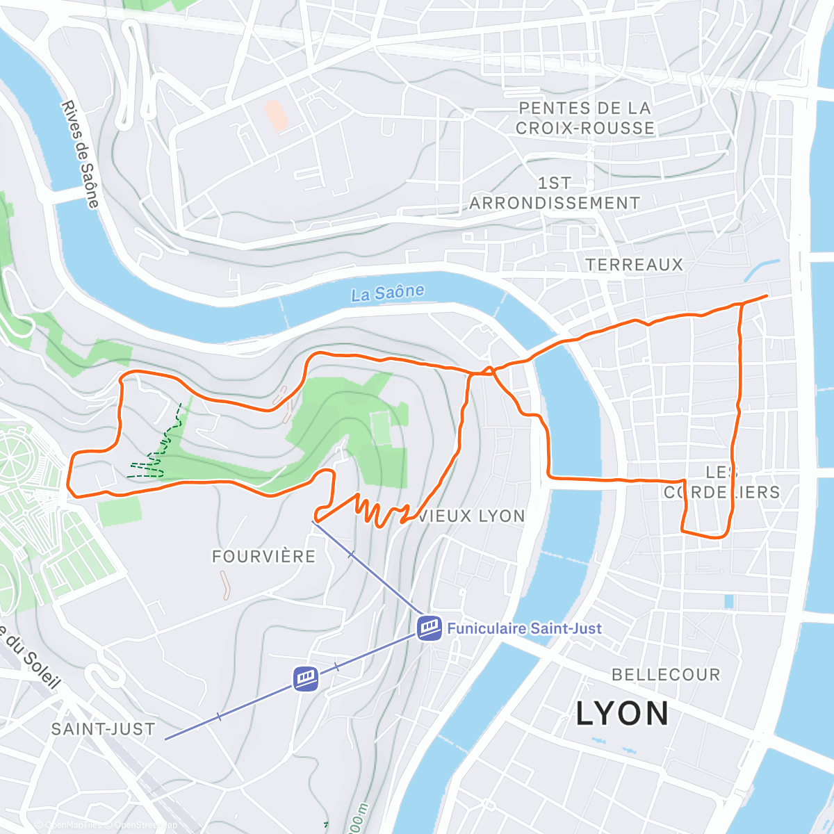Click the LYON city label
point(622,714)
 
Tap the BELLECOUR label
point(666,675)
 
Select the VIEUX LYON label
point(472,516)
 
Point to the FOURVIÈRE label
point(263,556)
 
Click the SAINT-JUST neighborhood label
point(103,729)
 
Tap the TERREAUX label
point(635,265)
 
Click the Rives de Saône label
point(81,154)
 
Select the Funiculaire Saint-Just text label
point(524,628)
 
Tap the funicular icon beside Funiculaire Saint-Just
point(430,628)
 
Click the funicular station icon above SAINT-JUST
point(306,678)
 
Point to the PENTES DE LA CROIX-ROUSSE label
point(584,118)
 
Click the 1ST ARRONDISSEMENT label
point(554,193)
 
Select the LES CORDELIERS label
point(721,482)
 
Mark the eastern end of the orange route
point(766,296)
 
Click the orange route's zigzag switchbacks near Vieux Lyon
point(379,511)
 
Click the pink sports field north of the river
point(277,115)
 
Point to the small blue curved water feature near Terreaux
point(762,269)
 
